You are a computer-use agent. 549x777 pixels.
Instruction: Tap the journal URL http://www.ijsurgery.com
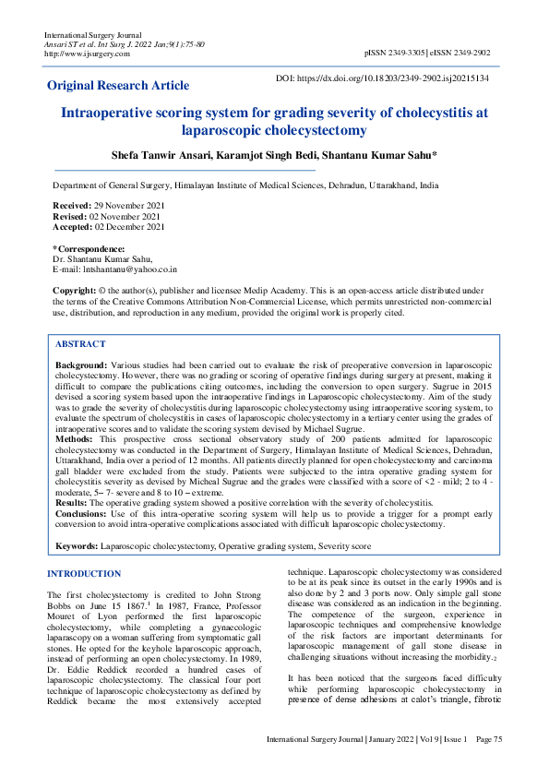[x=89, y=53]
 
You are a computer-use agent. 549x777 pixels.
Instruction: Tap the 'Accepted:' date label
[x=72, y=226]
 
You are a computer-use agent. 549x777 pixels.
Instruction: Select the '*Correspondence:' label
[x=89, y=249]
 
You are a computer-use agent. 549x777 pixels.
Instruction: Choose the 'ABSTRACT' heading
[x=80, y=344]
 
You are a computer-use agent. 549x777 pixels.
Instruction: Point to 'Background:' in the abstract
[x=81, y=366]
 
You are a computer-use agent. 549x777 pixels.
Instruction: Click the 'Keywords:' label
[x=77, y=546]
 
